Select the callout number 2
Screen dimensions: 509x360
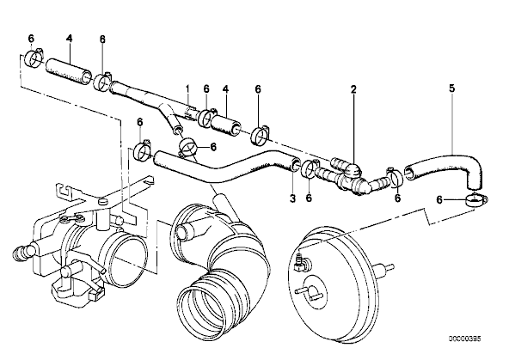[x=353, y=88]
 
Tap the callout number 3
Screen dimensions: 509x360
[x=292, y=198]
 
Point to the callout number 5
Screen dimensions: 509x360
[x=452, y=88]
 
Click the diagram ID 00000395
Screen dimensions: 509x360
[x=465, y=339]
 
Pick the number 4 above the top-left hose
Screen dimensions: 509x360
[x=69, y=39]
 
